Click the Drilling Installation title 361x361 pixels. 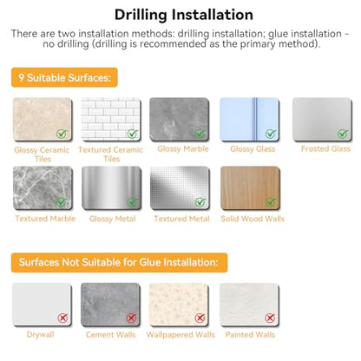tap(184, 15)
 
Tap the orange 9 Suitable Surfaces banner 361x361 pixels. tap(64, 77)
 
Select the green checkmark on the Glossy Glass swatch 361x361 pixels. tap(271, 134)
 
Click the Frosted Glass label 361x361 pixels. tap(325, 148)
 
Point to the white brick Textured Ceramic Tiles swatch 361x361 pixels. tap(111, 119)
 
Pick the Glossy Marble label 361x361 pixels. tap(183, 148)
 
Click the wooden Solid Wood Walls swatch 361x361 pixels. tap(250, 188)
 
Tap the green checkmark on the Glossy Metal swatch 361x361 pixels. tap(133, 202)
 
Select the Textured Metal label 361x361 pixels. tap(181, 219)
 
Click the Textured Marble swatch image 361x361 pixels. tap(43, 188)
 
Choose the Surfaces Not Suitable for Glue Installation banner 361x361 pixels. tap(119, 262)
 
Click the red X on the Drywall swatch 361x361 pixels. tap(62, 318)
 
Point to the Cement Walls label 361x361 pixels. tap(110, 335)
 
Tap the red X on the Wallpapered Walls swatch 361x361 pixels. tap(200, 318)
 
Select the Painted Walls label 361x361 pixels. tap(250, 335)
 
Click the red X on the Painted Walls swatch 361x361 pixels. tap(270, 318)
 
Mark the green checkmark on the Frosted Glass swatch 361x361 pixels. tap(343, 134)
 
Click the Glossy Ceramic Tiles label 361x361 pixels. tap(42, 154)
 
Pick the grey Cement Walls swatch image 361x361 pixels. tap(110, 305)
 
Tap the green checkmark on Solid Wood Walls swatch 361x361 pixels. tap(271, 202)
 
